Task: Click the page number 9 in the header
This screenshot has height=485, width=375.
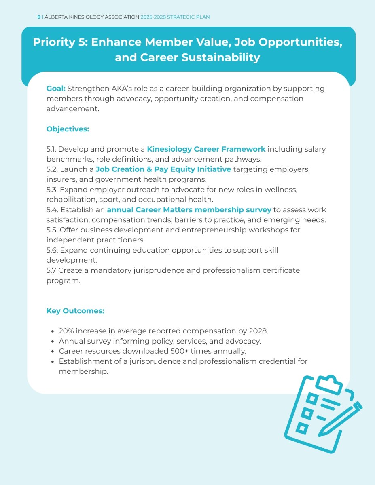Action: click(39, 17)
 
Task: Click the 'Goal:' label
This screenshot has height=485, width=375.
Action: click(56, 89)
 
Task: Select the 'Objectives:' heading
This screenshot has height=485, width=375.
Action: click(68, 129)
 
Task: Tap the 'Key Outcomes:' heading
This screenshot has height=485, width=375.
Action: click(75, 311)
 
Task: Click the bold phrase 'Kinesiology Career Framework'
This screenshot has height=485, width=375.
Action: click(206, 149)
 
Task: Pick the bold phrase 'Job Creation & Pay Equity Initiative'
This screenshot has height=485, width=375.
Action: click(163, 169)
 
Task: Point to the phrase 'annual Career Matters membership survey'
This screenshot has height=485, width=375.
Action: click(189, 210)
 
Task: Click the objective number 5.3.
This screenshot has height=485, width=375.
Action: click(52, 190)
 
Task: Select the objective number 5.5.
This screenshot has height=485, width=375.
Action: click(52, 230)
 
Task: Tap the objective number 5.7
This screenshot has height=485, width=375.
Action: click(51, 270)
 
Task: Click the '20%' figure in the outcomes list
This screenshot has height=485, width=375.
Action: click(66, 331)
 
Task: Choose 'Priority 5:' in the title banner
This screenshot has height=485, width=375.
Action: click(60, 42)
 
